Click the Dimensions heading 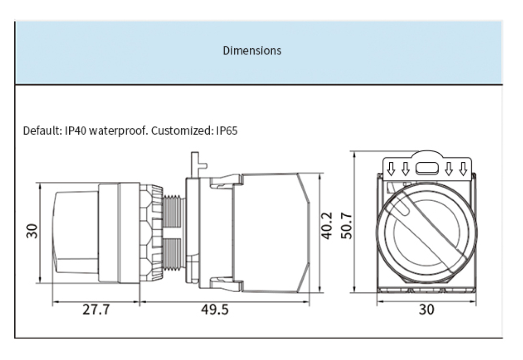pyautogui.click(x=252, y=51)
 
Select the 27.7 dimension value pyautogui.click(x=96, y=310)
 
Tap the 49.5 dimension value pyautogui.click(x=214, y=310)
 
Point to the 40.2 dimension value pyautogui.click(x=327, y=226)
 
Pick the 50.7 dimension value pyautogui.click(x=347, y=226)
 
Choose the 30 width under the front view pyautogui.click(x=427, y=310)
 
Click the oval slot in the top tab pyautogui.click(x=426, y=168)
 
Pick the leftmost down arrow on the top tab pyautogui.click(x=391, y=168)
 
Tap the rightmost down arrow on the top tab pyautogui.click(x=462, y=168)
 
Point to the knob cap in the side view pyautogui.click(x=76, y=233)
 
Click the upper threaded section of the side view pyautogui.click(x=172, y=211)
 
